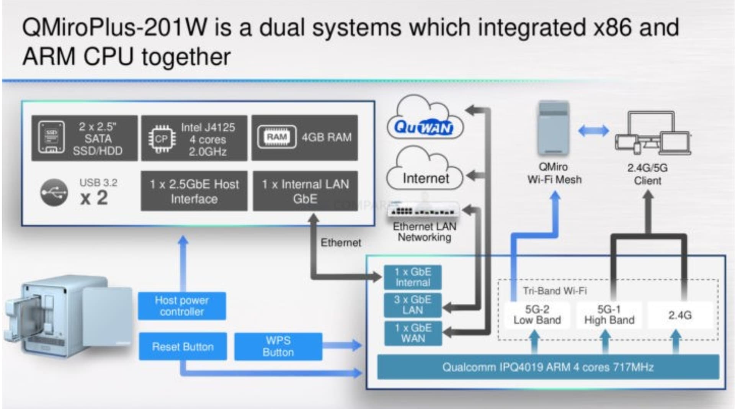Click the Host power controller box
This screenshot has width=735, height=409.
point(182,306)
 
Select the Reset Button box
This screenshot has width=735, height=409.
point(183,346)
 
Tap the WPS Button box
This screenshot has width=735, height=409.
point(278,346)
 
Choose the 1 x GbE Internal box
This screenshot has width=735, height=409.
point(413,277)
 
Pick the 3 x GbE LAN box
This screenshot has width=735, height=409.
point(413,305)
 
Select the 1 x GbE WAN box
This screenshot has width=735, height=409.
point(413,333)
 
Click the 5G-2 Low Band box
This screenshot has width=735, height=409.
point(537,315)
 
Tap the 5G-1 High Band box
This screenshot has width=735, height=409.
point(609,315)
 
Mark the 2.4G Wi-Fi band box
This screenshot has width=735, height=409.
point(680,315)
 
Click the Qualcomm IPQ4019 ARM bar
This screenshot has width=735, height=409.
point(548,367)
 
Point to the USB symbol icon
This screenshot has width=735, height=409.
point(54,192)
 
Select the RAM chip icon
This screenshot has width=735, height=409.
point(277,137)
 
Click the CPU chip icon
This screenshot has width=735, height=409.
point(162,139)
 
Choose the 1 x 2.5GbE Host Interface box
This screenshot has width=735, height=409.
point(194,191)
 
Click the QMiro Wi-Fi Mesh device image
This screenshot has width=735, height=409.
point(553,128)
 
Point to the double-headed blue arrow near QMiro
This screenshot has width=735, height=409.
point(593,131)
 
